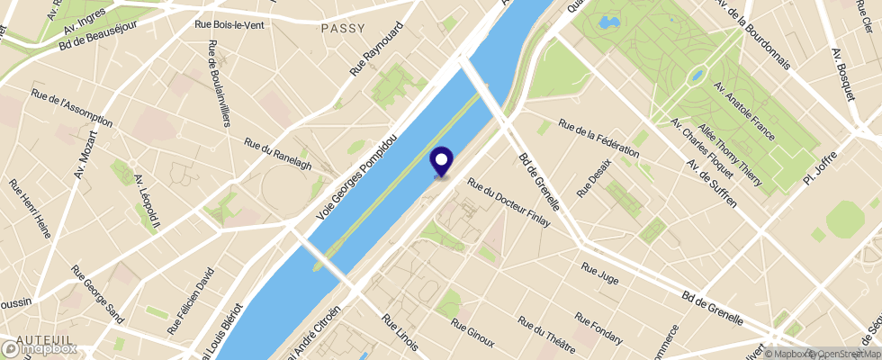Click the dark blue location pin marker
point(442,161)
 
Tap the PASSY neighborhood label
point(343,28)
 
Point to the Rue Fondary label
point(599,328)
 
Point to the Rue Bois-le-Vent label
point(229,25)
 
